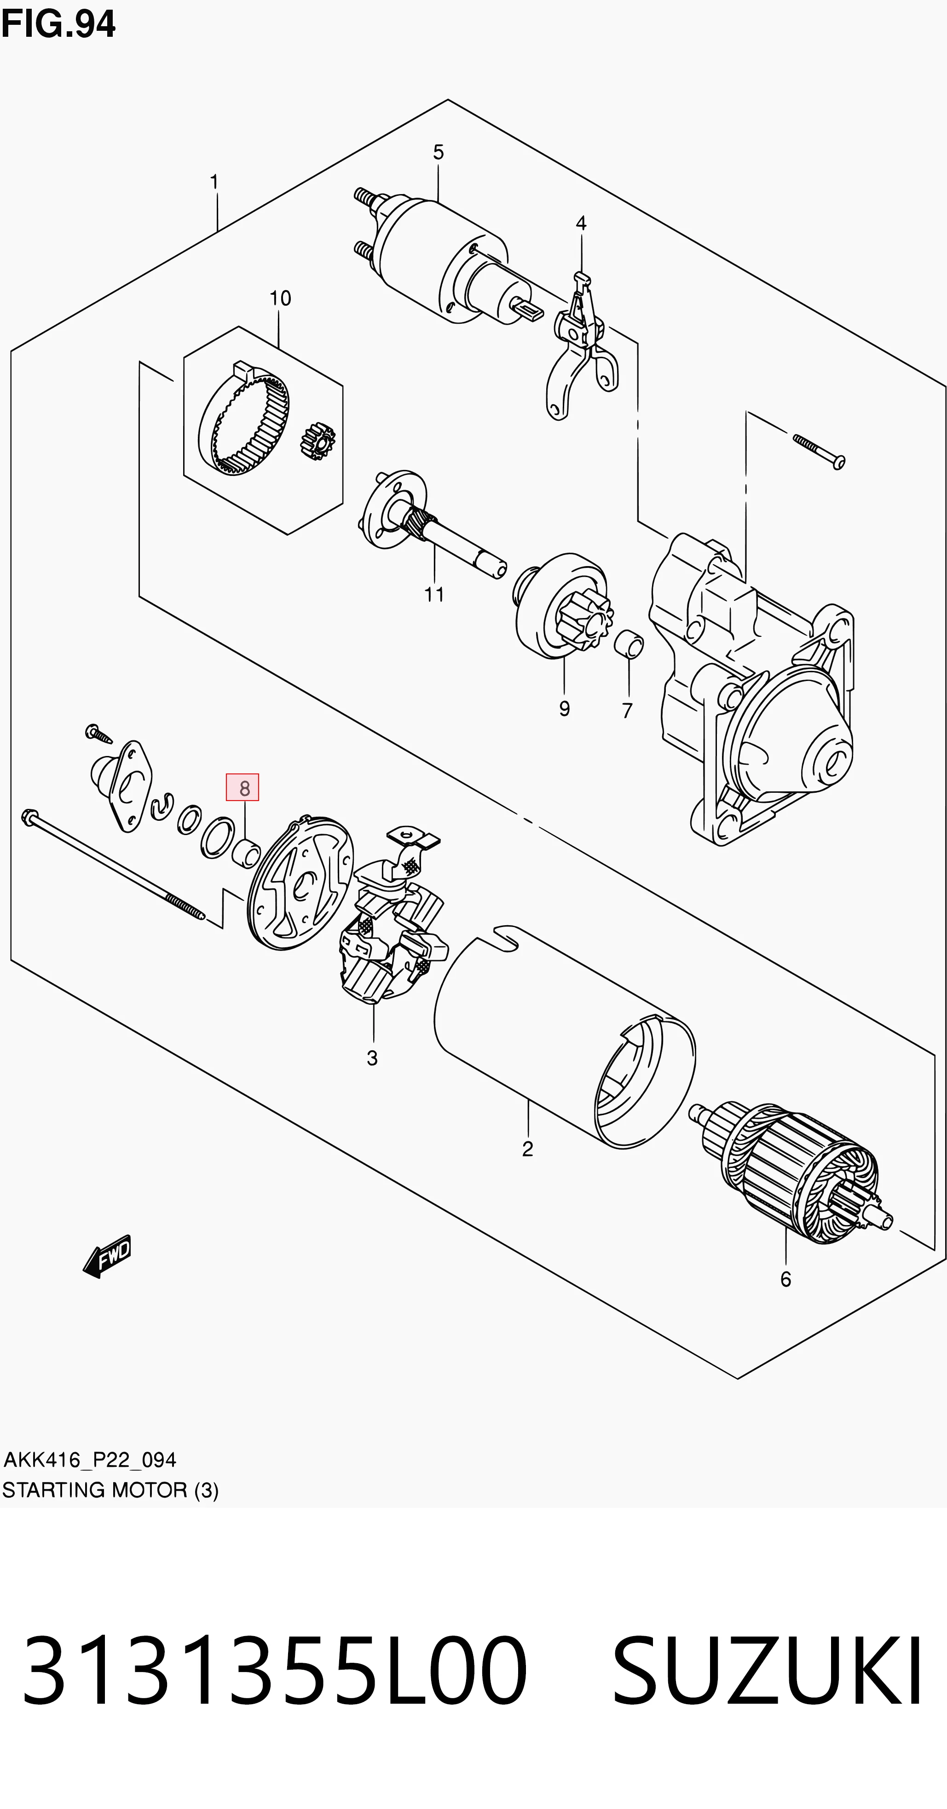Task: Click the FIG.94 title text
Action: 58,24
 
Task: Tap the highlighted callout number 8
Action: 243,788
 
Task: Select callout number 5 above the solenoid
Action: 439,152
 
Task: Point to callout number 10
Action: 280,298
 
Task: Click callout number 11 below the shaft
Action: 434,595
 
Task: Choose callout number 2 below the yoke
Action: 528,1149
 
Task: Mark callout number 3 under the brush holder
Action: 372,1058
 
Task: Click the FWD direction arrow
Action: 106,1256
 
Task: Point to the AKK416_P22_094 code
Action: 90,1460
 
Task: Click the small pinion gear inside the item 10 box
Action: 317,441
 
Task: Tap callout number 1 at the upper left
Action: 214,182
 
